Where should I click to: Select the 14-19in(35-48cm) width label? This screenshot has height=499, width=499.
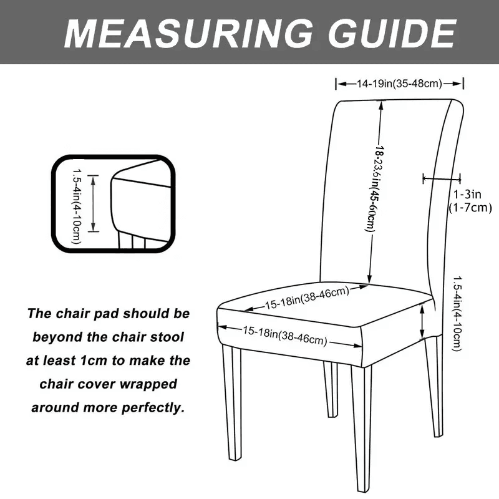(400, 84)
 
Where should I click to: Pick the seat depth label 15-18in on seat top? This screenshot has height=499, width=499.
(306, 298)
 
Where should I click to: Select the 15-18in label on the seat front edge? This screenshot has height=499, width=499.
(285, 335)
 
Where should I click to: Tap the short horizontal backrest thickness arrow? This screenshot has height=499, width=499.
(442, 179)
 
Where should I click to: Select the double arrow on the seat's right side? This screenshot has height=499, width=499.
(423, 322)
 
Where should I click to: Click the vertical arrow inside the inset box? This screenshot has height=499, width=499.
(94, 203)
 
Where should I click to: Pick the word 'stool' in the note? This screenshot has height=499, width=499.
(168, 337)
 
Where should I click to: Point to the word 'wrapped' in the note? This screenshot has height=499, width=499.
(152, 384)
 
